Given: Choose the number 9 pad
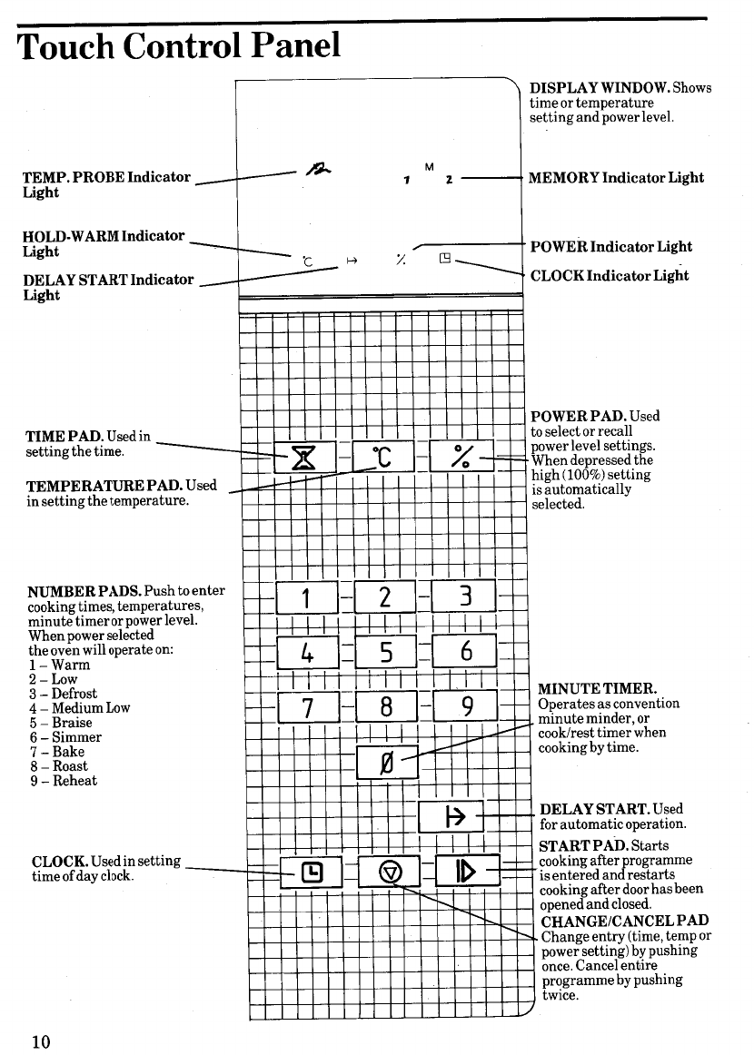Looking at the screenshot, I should click(465, 705).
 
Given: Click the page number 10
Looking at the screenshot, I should click(40, 1040).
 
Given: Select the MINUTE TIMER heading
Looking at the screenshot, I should click(597, 689).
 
